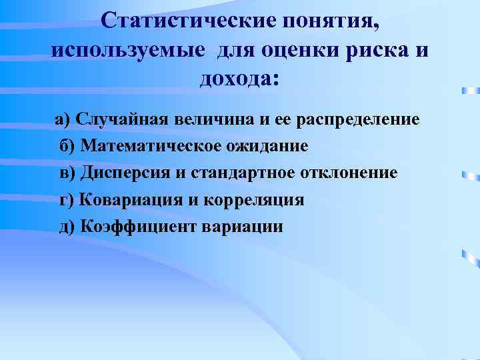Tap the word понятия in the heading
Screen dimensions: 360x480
331,21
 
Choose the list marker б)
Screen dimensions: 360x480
68,146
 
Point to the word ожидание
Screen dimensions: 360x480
266,146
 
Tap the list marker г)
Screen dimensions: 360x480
67,199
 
